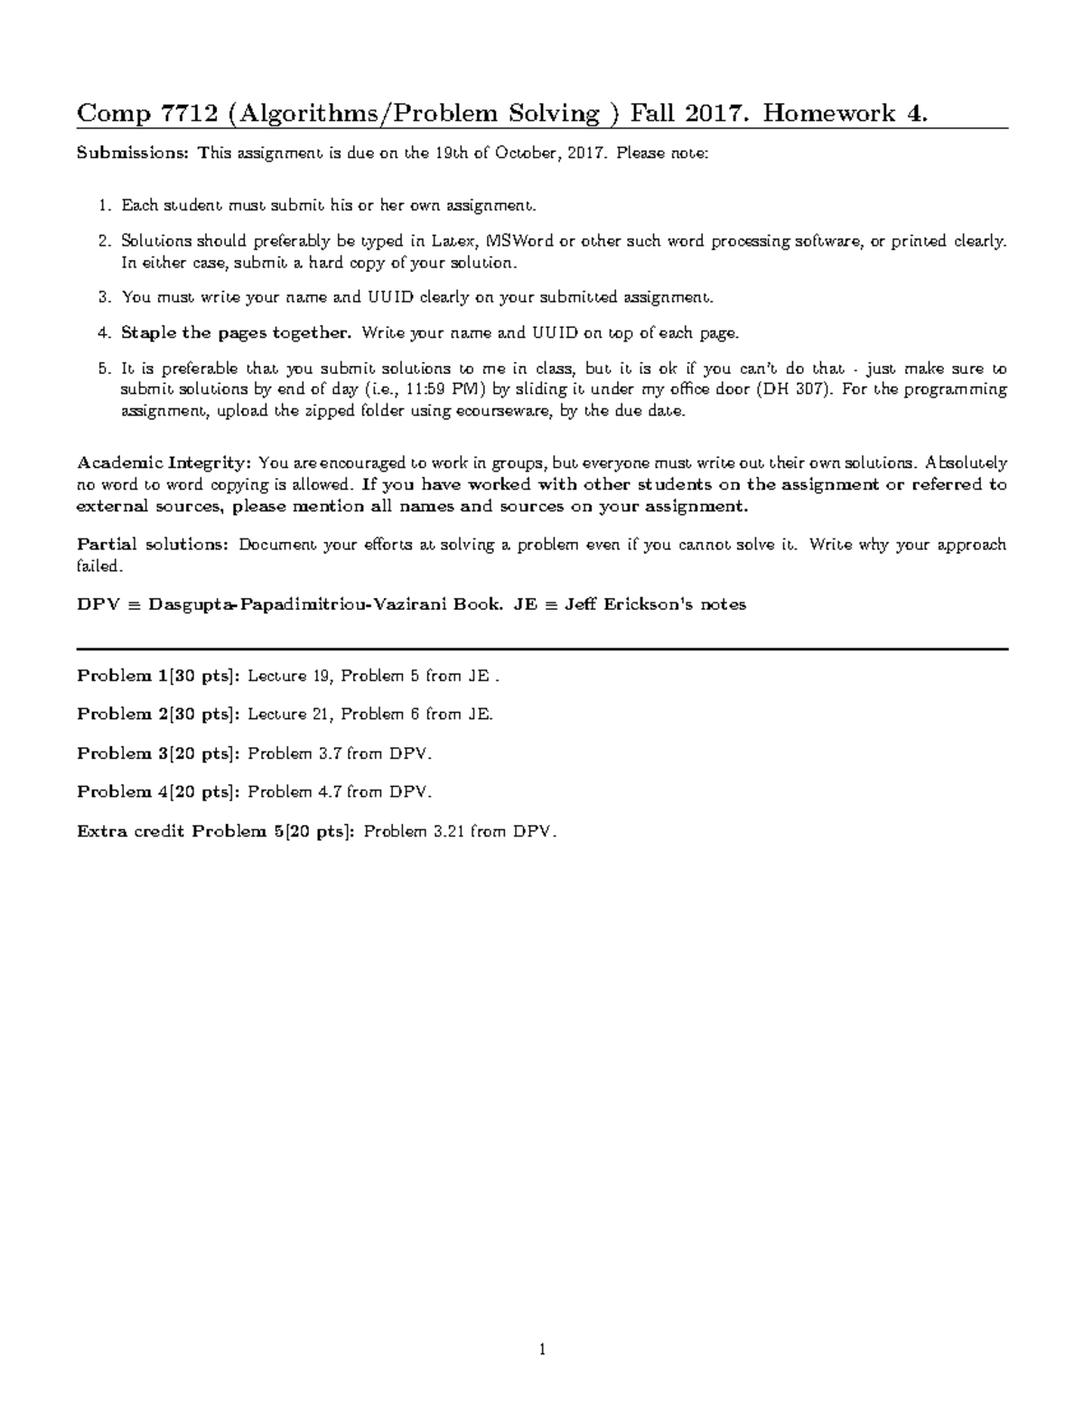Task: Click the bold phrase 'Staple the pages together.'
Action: coord(236,333)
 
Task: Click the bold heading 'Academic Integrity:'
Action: coord(164,463)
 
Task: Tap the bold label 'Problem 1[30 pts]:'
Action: coord(158,676)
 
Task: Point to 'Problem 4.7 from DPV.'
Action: coord(340,792)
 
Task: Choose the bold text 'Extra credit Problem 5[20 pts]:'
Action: coord(217,831)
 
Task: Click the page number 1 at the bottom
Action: coord(542,1351)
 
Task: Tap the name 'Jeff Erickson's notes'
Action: coord(655,605)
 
